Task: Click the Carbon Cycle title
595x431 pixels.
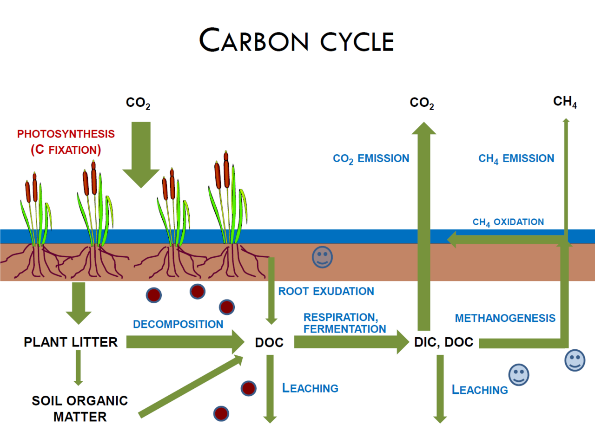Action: coord(297,40)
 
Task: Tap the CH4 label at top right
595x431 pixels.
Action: coord(565,102)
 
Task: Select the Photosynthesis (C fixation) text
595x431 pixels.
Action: coord(66,142)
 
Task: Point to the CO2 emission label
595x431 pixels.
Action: coord(371,158)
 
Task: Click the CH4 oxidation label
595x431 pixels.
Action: coord(508,222)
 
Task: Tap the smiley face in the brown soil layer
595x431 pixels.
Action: coord(322,257)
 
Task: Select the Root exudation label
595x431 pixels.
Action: coord(326,291)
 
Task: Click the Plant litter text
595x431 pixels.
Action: coord(71,342)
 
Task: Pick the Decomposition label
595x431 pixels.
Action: coord(178,324)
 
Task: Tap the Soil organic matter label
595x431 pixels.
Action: coord(80,408)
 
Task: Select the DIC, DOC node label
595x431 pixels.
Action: coord(443,342)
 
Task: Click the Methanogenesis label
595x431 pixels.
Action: coord(505,318)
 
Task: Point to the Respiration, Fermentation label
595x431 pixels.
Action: coord(344,323)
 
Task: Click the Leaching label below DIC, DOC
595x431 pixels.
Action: coord(480,390)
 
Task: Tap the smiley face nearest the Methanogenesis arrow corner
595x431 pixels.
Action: coord(575,360)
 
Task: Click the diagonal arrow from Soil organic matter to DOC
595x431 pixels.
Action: coord(191,386)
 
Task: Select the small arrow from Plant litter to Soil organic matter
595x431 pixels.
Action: coord(78,367)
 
